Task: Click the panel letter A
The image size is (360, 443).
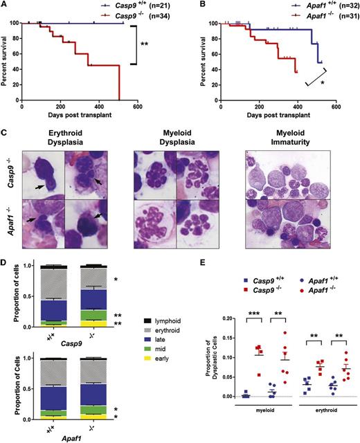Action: pyautogui.click(x=5, y=6)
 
